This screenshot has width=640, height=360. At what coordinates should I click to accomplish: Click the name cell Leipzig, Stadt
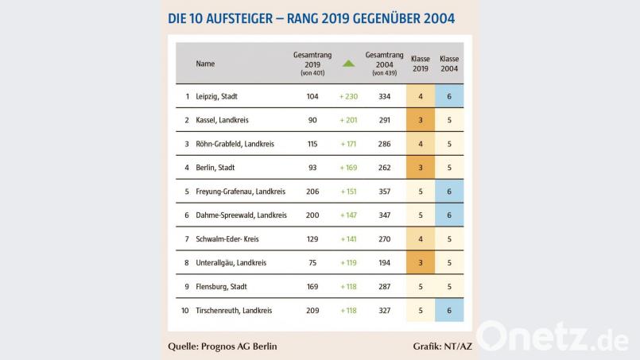(216, 96)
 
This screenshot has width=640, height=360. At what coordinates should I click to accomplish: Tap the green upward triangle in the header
(348, 64)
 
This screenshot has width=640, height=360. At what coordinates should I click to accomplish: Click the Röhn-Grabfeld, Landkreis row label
(234, 144)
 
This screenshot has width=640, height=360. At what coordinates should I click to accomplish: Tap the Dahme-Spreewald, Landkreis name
(241, 215)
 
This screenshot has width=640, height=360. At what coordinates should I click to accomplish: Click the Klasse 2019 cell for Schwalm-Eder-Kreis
(420, 238)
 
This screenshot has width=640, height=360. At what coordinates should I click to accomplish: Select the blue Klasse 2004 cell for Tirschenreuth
(449, 310)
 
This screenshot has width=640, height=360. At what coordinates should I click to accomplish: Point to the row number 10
(185, 310)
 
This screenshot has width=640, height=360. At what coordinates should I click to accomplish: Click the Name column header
(205, 64)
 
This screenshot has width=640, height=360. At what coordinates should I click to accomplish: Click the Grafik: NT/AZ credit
(441, 346)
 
